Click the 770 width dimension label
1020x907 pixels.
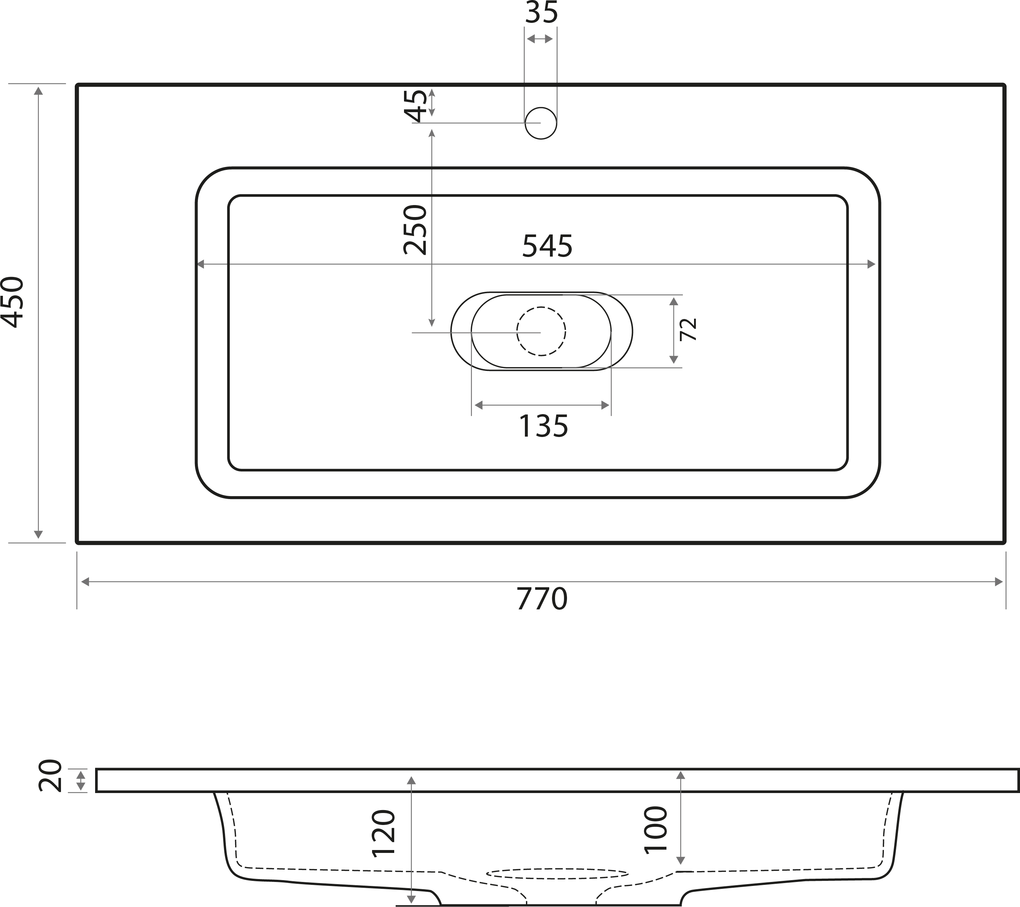(x=542, y=599)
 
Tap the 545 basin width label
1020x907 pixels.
(x=547, y=246)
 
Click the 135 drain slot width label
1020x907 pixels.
(x=543, y=426)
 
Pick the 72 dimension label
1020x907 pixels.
(x=689, y=330)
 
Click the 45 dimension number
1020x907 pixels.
(x=416, y=106)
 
